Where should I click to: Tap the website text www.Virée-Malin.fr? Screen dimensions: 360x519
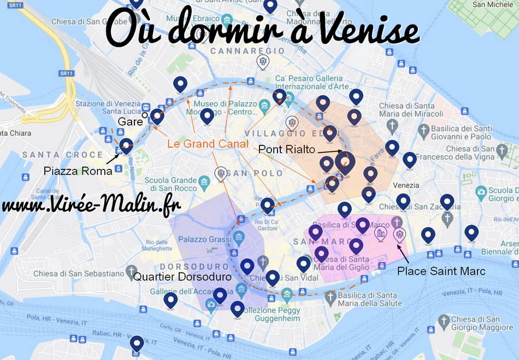91,206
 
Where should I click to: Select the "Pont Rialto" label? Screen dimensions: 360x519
286,149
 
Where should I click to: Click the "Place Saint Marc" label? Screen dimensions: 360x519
441,270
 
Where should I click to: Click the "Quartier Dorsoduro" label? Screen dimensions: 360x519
182,277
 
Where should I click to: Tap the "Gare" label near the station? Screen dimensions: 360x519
131,121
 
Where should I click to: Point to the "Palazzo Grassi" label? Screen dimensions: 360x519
204,238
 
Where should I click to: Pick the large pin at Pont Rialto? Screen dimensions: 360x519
345,162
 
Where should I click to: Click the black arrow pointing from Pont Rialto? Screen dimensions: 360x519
329,151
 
